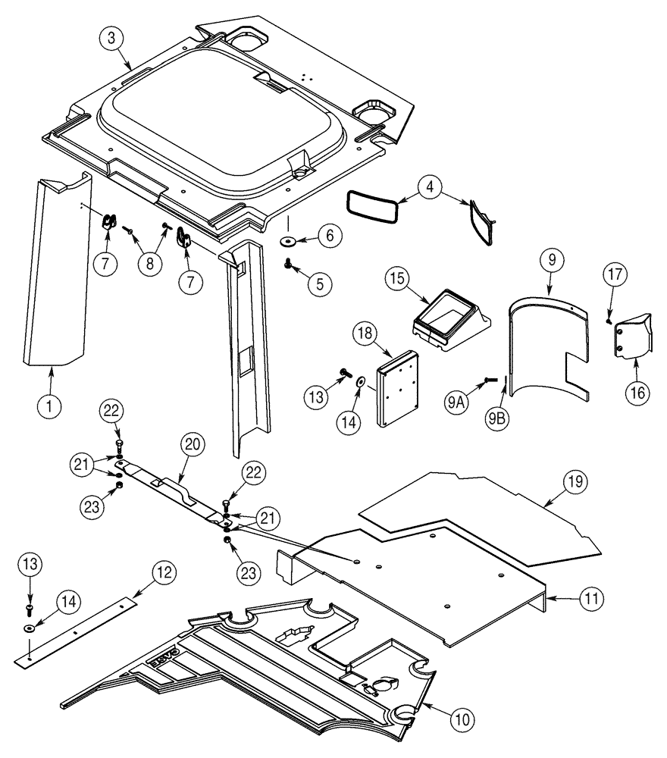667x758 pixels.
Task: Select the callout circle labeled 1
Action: click(51, 406)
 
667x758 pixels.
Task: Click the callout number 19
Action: click(574, 481)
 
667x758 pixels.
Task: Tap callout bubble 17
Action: click(613, 275)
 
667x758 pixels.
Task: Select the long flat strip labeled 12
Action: click(76, 629)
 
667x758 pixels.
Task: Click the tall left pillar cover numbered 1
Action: click(57, 273)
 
